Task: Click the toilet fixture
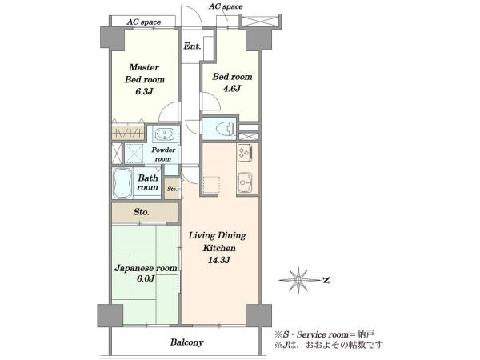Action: (x=226, y=128)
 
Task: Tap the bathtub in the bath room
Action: (x=122, y=183)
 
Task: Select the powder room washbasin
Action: (x=165, y=134)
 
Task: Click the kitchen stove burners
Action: (x=245, y=153)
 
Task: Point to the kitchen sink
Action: (x=245, y=182)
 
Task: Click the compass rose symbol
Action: (x=298, y=280)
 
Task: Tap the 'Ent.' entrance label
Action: (x=192, y=46)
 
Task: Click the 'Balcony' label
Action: (x=186, y=342)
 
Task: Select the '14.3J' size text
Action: (x=219, y=260)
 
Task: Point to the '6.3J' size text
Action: (x=144, y=91)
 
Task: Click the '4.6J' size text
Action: (x=232, y=89)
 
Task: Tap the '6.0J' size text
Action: (x=146, y=278)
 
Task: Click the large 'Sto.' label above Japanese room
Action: (x=141, y=212)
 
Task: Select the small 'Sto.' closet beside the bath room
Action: (x=172, y=189)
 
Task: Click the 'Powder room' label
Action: (x=163, y=154)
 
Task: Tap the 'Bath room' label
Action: (x=147, y=182)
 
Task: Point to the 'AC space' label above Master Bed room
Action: (x=143, y=22)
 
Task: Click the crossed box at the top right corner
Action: (x=260, y=22)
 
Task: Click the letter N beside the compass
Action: (x=326, y=280)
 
